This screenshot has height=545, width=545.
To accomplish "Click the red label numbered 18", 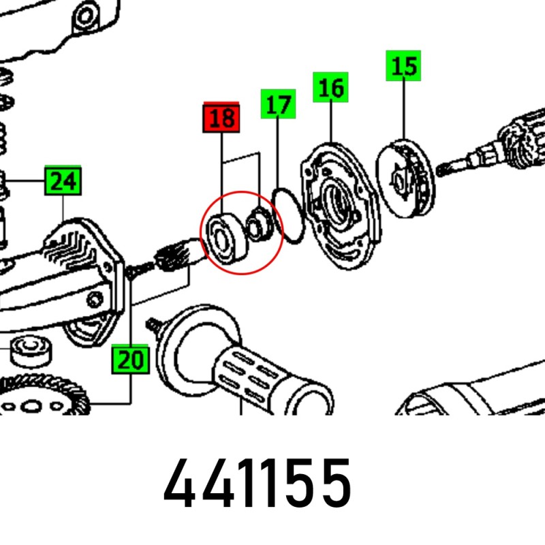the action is [x=221, y=117].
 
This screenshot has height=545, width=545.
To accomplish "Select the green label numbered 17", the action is [x=278, y=104].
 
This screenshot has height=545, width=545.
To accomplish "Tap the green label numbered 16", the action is [x=330, y=87].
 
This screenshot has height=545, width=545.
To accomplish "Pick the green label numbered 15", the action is [x=403, y=65].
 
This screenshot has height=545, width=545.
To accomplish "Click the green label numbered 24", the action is [x=63, y=181].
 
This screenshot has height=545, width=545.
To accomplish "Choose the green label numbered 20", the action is [x=130, y=360].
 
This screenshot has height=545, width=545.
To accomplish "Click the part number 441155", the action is [x=258, y=483].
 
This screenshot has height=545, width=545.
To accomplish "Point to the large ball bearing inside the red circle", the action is [x=225, y=240].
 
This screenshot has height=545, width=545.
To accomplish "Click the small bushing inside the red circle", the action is [x=260, y=224].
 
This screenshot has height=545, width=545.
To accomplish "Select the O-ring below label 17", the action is [x=288, y=215].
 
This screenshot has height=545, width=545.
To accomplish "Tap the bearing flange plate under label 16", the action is [x=341, y=206].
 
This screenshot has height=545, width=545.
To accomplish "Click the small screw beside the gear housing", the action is [x=139, y=270].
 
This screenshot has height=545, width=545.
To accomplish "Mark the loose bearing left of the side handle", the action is [x=31, y=350].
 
